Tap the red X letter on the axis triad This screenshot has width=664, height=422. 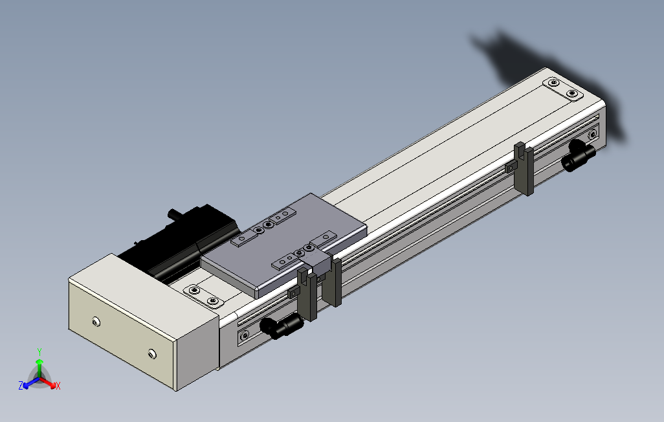58,386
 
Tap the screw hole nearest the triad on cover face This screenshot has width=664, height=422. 96,322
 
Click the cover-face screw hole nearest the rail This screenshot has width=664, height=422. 151,353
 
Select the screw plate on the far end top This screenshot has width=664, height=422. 562,89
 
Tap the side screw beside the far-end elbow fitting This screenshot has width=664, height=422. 592,135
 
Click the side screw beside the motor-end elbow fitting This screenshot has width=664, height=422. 244,335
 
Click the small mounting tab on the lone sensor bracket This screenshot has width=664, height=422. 510,166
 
